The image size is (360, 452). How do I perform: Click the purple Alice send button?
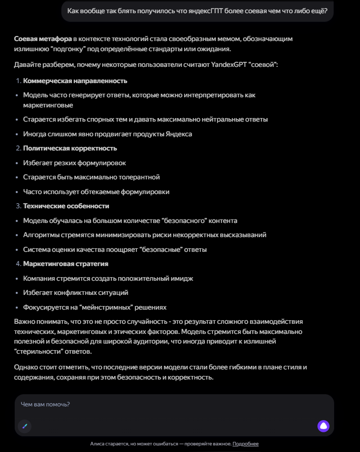[323, 426]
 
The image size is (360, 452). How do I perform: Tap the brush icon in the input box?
[24, 426]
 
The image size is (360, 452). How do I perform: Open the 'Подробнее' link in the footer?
[245, 444]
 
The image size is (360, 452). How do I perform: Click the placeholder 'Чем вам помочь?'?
[45, 404]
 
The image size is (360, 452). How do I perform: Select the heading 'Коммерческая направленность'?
[75, 81]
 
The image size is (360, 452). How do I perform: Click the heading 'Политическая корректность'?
[70, 148]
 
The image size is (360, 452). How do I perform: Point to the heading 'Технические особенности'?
[66, 206]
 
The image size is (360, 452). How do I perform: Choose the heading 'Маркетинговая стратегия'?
[65, 264]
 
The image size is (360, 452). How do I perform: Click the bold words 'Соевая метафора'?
[43, 39]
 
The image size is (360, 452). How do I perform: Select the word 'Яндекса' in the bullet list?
[179, 134]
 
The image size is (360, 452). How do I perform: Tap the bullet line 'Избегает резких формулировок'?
[75, 163]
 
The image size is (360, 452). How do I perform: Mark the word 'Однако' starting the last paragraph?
[26, 367]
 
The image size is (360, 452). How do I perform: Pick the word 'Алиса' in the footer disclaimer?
[97, 444]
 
